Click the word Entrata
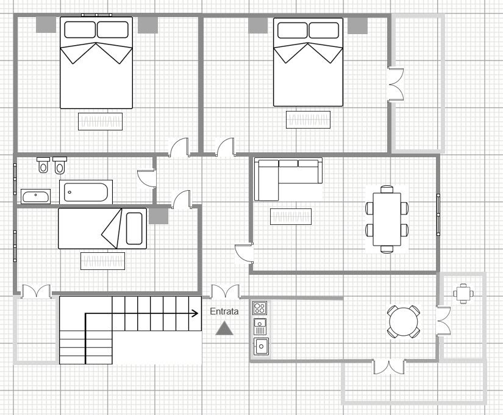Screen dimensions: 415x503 pyautogui.click(x=224, y=311)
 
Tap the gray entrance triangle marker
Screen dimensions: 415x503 pyautogui.click(x=225, y=328)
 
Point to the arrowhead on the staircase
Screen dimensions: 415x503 pyautogui.click(x=195, y=314)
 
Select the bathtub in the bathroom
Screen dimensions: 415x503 pyautogui.click(x=86, y=192)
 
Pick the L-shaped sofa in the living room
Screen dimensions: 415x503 pyautogui.click(x=287, y=177)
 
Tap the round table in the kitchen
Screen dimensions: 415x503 pyautogui.click(x=404, y=322)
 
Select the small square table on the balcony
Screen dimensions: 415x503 pyautogui.click(x=463, y=293)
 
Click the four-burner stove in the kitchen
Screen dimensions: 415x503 pyautogui.click(x=260, y=308)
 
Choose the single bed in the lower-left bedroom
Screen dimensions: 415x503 pyautogui.click(x=102, y=229)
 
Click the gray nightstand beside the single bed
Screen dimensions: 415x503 pyautogui.click(x=159, y=216)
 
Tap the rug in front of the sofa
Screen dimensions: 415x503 pyautogui.click(x=291, y=216)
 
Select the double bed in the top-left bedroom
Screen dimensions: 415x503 pyautogui.click(x=96, y=63)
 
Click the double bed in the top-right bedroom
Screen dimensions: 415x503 pyautogui.click(x=307, y=62)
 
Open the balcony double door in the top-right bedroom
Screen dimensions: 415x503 pyautogui.click(x=396, y=83)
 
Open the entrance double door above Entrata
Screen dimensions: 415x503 pyautogui.click(x=225, y=292)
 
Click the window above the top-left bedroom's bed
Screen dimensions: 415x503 pyautogui.click(x=96, y=15)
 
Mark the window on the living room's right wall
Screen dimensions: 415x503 pyautogui.click(x=438, y=215)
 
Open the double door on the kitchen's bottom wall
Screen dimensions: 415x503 pyautogui.click(x=389, y=366)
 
